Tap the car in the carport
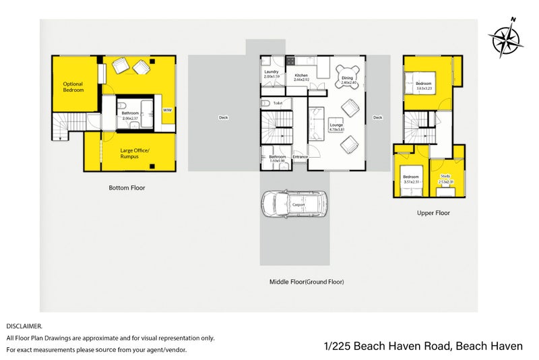pyautogui.click(x=294, y=204)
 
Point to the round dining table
pyautogui.click(x=347, y=75)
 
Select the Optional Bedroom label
pyautogui.click(x=73, y=87)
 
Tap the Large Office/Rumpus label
pyautogui.click(x=135, y=152)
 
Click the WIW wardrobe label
pyautogui.click(x=167, y=109)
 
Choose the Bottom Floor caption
pyautogui.click(x=127, y=188)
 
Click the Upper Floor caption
pyautogui.click(x=433, y=213)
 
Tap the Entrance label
pyautogui.click(x=300, y=157)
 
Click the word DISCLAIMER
pyautogui.click(x=24, y=326)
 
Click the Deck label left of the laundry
pyautogui.click(x=224, y=117)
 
